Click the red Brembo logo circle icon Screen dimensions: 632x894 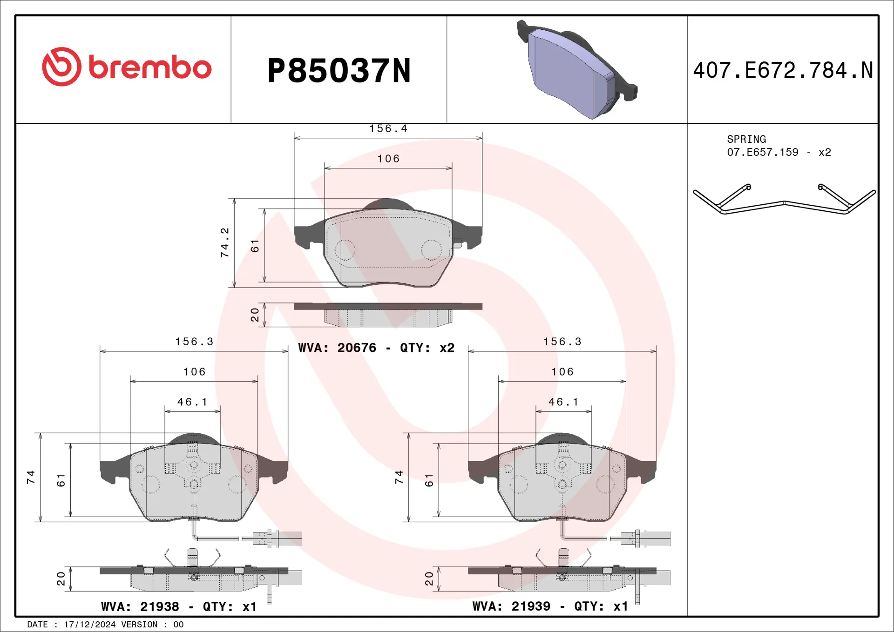61,67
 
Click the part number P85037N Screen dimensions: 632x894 339,71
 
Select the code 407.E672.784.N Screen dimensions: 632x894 783,71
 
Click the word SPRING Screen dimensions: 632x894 746,139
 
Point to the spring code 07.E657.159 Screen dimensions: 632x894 762,152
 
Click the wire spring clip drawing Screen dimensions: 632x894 784,201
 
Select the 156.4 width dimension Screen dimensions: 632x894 388,128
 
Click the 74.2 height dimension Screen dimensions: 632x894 225,242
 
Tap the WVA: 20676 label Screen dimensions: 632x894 337,348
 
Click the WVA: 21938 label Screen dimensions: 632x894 140,606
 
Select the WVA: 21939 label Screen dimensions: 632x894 511,606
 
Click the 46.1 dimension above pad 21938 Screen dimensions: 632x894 192,402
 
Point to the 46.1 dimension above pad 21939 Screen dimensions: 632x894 563,402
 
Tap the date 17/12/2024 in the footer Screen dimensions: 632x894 89,625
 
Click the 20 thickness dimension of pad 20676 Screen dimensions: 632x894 255,315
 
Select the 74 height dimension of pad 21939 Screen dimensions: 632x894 399,477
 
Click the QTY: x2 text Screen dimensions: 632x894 427,348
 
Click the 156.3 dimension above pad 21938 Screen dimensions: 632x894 194,342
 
